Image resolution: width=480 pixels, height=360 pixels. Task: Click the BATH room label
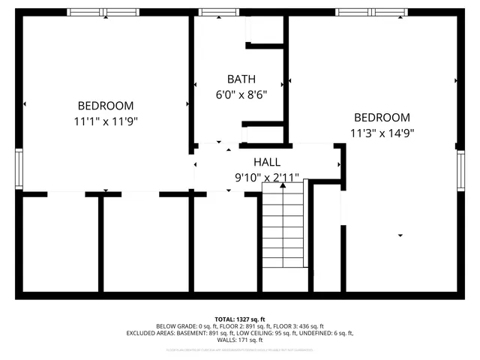point(241,79)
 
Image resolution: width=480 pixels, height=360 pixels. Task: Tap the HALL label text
point(267,162)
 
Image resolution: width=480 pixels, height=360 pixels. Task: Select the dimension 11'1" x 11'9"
point(106,121)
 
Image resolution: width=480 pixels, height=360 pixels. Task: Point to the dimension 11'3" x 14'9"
point(382,133)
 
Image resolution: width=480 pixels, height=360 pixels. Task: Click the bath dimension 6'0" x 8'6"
point(241,94)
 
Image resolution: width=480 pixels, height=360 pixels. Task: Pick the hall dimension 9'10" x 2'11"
point(267,178)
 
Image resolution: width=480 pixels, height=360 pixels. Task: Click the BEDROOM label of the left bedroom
point(106,106)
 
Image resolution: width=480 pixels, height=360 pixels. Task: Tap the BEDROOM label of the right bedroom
point(382,118)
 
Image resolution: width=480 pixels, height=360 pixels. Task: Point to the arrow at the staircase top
point(283,187)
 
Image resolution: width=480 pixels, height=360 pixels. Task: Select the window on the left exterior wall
point(19,169)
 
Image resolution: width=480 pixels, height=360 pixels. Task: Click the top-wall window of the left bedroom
point(97,12)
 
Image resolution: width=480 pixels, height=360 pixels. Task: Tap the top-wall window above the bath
point(219,12)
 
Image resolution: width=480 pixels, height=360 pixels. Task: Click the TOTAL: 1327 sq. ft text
point(240,319)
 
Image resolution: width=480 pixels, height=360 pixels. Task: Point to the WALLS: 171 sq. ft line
point(240,340)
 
